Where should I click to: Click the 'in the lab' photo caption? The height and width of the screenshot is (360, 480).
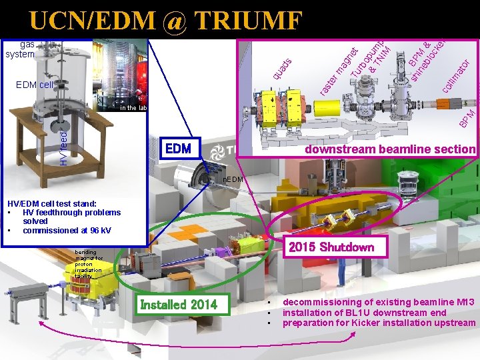pyautogui.click(x=133, y=107)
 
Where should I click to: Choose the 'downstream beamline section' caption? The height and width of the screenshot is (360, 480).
pyautogui.click(x=389, y=149)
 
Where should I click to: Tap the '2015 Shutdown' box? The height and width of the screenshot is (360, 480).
pyautogui.click(x=331, y=247)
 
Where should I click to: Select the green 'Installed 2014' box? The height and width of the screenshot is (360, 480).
pyautogui.click(x=179, y=305)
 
